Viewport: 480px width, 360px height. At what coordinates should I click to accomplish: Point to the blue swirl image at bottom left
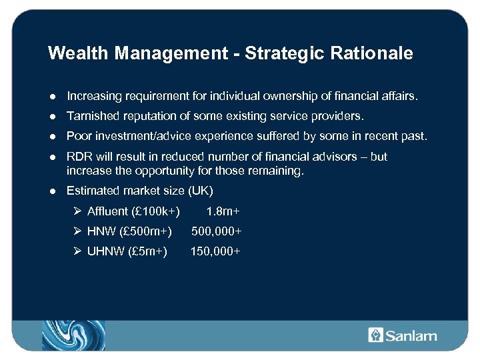click(73, 335)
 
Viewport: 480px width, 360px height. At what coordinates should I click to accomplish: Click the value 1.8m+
click(223, 211)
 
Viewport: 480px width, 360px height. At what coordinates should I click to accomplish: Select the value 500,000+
click(216, 231)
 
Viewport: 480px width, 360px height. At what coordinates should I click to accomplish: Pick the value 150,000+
click(215, 251)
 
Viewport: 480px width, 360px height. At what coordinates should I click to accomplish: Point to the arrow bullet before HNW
click(78, 231)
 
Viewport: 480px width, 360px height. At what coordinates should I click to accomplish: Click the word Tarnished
click(92, 116)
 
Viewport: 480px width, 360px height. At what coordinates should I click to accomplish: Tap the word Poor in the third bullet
click(79, 136)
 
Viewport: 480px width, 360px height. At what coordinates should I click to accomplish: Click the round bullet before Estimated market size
click(52, 191)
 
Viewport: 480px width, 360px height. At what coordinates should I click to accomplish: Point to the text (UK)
click(200, 191)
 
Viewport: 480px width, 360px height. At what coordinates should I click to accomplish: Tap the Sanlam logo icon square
click(375, 335)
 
